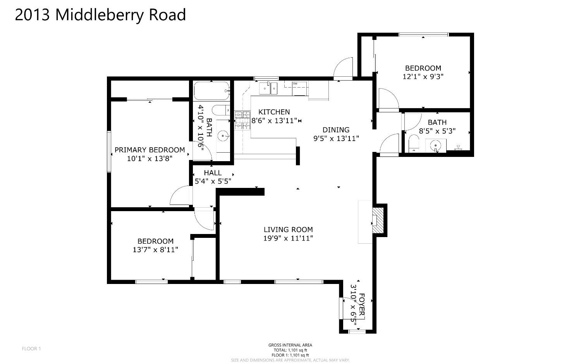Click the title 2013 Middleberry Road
click(x=100, y=15)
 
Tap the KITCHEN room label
click(x=274, y=112)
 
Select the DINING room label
click(x=336, y=130)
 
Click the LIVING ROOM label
click(x=288, y=229)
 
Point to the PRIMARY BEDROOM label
click(x=150, y=150)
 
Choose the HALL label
click(x=213, y=173)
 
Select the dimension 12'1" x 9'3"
click(x=423, y=77)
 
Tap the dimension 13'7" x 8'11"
click(x=155, y=250)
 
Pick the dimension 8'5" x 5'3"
click(x=437, y=131)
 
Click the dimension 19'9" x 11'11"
click(x=288, y=238)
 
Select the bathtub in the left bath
click(x=211, y=91)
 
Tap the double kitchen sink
click(x=268, y=88)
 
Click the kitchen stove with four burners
click(x=242, y=120)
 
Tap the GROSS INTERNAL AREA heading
click(x=290, y=345)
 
